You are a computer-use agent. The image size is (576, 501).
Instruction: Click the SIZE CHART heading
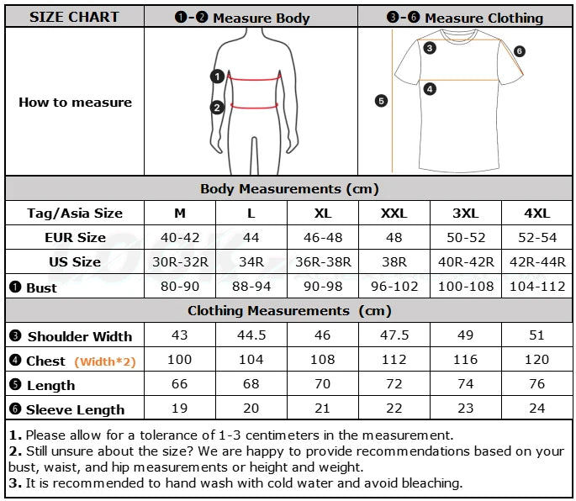click(74, 17)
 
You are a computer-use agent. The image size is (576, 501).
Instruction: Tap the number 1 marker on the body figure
click(217, 76)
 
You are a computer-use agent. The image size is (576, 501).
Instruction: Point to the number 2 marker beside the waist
click(217, 108)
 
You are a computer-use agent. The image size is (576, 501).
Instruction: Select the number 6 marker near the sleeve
click(519, 51)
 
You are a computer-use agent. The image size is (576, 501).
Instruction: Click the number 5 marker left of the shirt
click(381, 101)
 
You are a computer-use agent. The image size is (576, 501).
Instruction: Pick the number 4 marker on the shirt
click(430, 89)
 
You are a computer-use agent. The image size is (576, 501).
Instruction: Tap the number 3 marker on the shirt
click(430, 48)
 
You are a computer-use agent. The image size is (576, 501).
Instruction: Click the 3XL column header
click(466, 213)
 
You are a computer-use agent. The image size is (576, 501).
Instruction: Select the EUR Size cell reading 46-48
click(323, 238)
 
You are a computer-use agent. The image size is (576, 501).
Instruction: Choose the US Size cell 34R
click(251, 262)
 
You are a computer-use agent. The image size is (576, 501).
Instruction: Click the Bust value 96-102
click(394, 287)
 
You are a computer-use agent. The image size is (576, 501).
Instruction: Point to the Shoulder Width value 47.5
click(394, 335)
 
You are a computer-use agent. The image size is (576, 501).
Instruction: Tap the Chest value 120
click(536, 359)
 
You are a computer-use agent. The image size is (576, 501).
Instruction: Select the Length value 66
click(179, 384)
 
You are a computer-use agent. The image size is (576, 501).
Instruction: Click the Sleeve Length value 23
click(466, 408)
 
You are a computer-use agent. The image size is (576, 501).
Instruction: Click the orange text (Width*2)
click(105, 361)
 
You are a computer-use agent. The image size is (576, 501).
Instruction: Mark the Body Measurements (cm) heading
click(289, 189)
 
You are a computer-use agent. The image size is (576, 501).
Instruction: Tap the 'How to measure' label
click(75, 102)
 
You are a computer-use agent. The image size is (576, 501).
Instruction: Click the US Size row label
click(75, 262)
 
